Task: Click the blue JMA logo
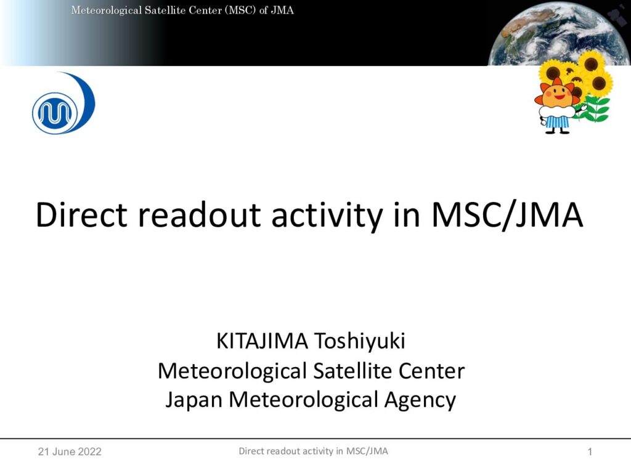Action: coord(63,103)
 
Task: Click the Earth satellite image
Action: coord(560,33)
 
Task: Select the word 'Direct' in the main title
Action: coord(82,215)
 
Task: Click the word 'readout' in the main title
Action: coord(200,215)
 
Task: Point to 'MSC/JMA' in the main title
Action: coord(507,216)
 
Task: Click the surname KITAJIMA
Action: coord(262,341)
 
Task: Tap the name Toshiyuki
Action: coord(359,342)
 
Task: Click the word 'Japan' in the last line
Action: coord(194,400)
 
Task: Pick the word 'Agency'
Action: coord(420,400)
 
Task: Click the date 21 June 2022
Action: coord(70,451)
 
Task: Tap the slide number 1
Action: coord(590,451)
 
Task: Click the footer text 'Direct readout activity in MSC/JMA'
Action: coord(314,451)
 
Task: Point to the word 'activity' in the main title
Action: coord(327,216)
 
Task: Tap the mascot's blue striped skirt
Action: coord(557,122)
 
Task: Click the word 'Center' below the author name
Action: coord(431,370)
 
